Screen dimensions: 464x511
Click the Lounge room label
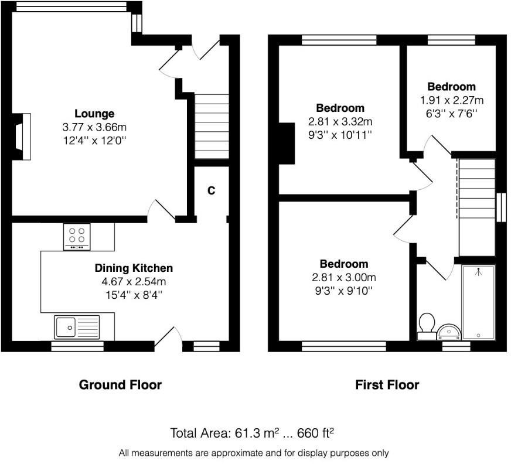pyautogui.click(x=94, y=114)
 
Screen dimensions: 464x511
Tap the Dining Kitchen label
pyautogui.click(x=134, y=268)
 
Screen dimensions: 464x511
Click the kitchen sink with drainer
pyautogui.click(x=77, y=327)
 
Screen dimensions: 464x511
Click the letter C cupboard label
pyautogui.click(x=212, y=190)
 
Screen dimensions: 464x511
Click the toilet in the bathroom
pyautogui.click(x=427, y=325)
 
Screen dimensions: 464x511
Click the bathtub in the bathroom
pyautogui.click(x=478, y=302)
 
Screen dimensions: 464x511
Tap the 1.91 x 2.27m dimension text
pyautogui.click(x=451, y=100)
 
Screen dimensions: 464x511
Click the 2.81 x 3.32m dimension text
pyautogui.click(x=340, y=122)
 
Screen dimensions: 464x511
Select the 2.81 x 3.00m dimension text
pyautogui.click(x=343, y=278)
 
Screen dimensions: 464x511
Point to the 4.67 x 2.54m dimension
pyautogui.click(x=134, y=282)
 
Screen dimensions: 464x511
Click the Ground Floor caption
pyautogui.click(x=120, y=385)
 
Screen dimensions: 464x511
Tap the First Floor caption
pyautogui.click(x=387, y=385)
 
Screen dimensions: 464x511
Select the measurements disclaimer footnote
pyautogui.click(x=253, y=453)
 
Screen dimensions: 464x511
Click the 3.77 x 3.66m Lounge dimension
pyautogui.click(x=94, y=127)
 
